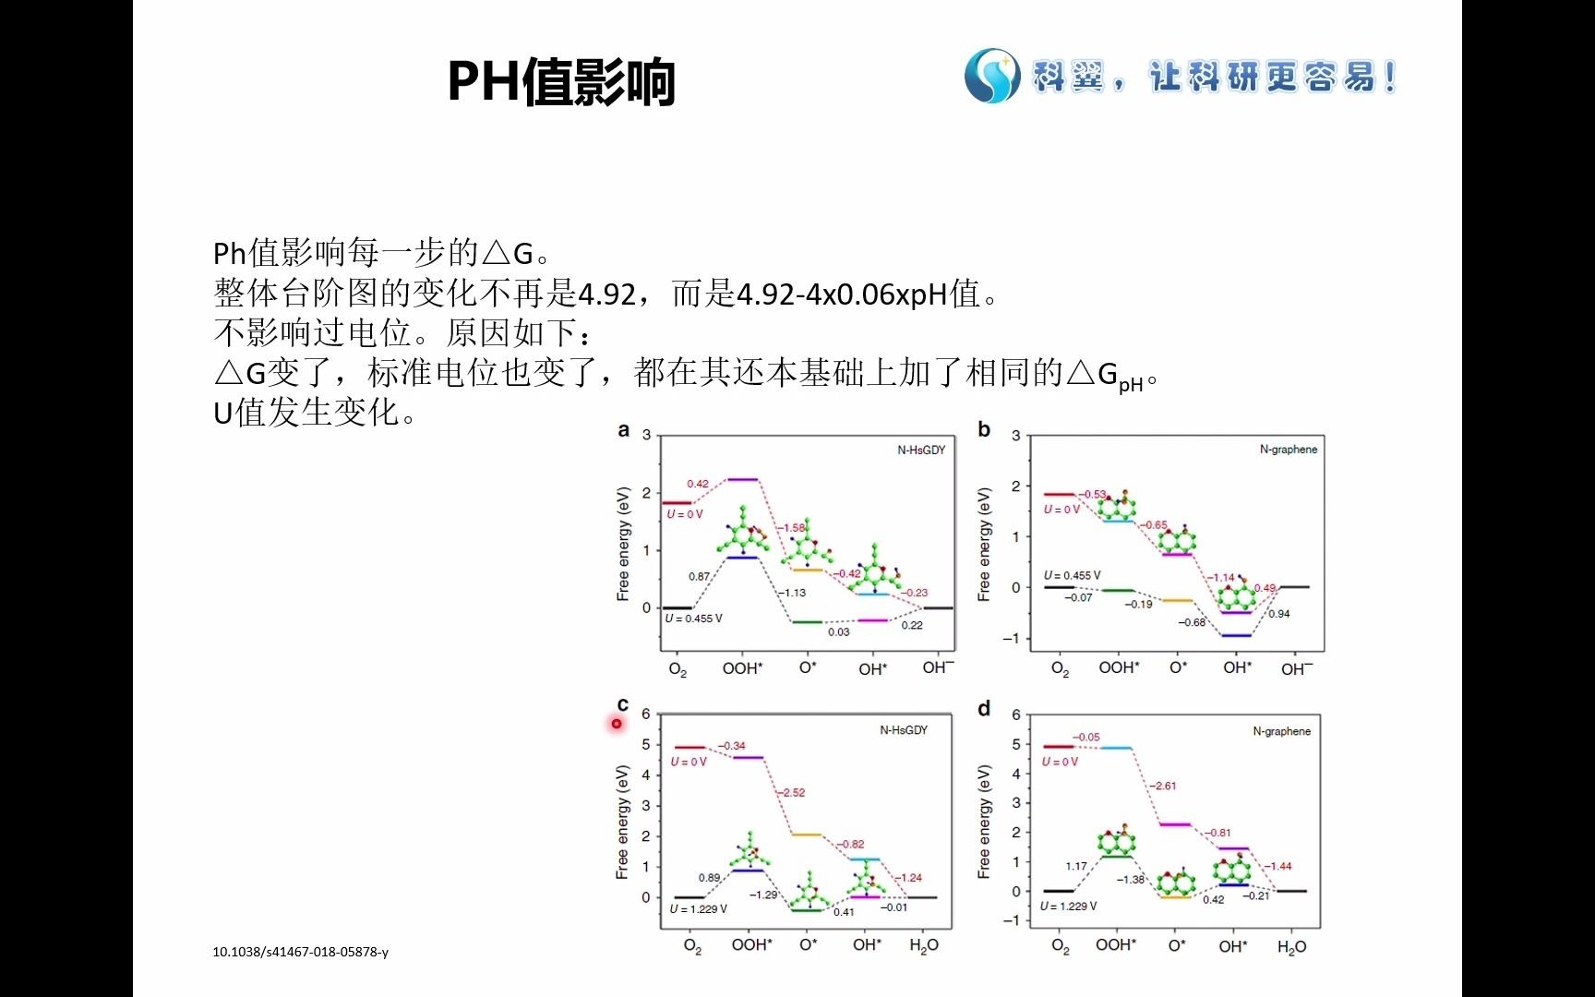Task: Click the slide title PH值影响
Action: (x=561, y=81)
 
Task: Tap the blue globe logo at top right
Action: (x=991, y=76)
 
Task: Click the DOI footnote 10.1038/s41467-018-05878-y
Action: (x=300, y=952)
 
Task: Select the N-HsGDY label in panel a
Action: (x=921, y=450)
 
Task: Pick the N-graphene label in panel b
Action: (x=1288, y=450)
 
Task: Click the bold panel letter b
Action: (x=984, y=430)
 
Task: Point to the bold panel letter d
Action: (x=984, y=709)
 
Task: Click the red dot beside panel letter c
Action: (x=617, y=724)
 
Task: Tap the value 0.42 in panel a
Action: (x=698, y=484)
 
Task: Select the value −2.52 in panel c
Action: (x=791, y=792)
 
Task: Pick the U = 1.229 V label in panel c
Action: (x=699, y=909)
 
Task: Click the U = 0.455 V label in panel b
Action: (x=1072, y=575)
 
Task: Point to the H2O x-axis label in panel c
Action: (x=924, y=945)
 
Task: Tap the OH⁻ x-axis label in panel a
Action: (x=938, y=667)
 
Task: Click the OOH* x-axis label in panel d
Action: (x=1116, y=945)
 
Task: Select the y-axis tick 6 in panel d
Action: (x=1016, y=715)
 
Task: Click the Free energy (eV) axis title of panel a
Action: (x=623, y=545)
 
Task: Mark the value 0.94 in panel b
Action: (x=1278, y=614)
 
